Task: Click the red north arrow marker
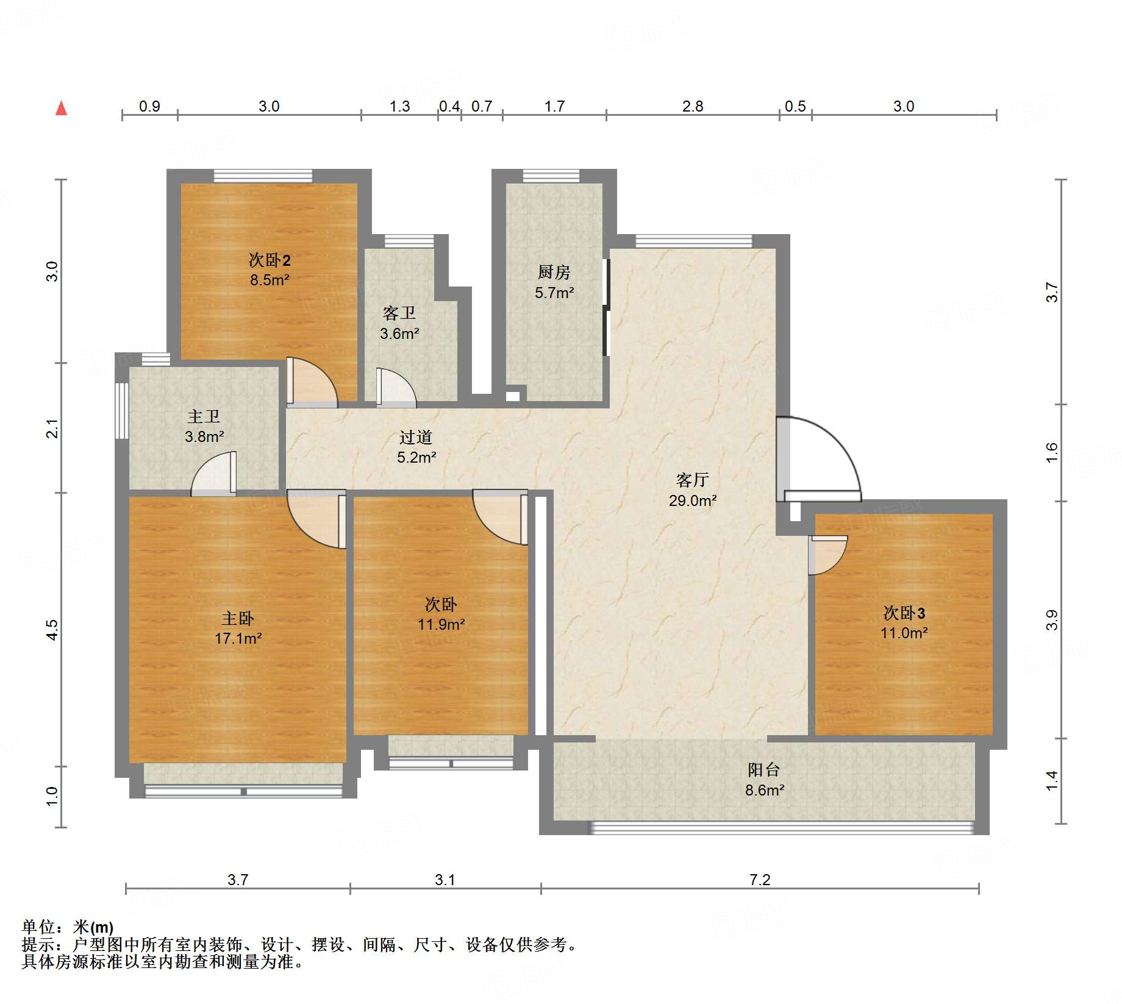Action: (61, 108)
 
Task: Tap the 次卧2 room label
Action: (270, 260)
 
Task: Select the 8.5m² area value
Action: (270, 280)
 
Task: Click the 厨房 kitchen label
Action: (554, 272)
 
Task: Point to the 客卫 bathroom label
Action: (399, 313)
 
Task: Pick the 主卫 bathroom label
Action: (204, 416)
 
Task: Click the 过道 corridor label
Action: (416, 437)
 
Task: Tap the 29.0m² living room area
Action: (693, 500)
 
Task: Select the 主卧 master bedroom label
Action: (238, 619)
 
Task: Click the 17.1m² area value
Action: (238, 638)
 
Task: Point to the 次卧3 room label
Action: (904, 613)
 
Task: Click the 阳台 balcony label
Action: (764, 770)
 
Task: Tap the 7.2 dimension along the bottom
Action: (760, 880)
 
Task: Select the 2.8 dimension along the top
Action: (693, 106)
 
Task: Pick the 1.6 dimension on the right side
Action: (1052, 452)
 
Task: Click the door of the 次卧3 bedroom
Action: (827, 555)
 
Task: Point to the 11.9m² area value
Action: (441, 624)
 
